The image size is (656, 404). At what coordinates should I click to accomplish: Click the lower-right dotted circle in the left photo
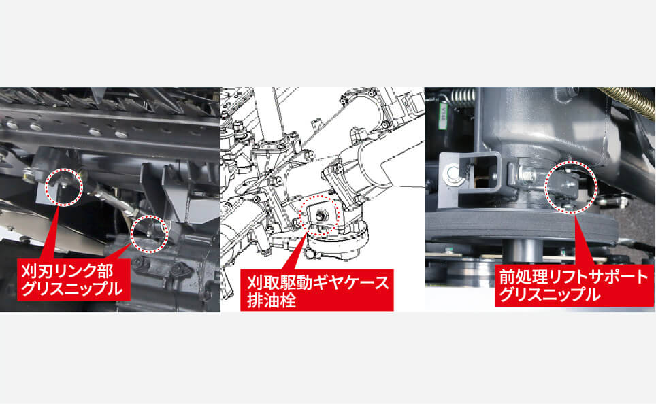point(149,234)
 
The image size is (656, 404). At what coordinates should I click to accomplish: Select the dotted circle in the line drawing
point(317,217)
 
